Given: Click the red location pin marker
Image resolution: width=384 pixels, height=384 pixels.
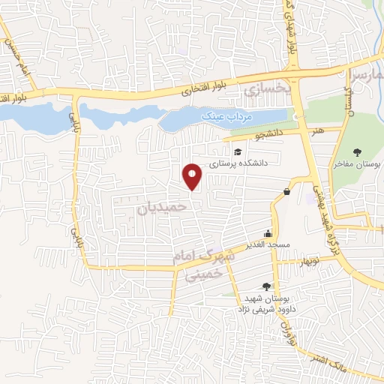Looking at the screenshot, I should [x=193, y=176].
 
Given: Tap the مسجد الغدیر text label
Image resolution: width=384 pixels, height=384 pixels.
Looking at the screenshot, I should [x=270, y=245].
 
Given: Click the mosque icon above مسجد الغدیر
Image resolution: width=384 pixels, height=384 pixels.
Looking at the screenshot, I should [x=269, y=232].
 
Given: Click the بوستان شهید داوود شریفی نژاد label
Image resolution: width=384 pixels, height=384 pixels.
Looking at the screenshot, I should [x=264, y=303].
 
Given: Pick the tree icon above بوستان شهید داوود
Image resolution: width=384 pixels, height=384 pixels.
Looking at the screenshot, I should [x=265, y=286].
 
